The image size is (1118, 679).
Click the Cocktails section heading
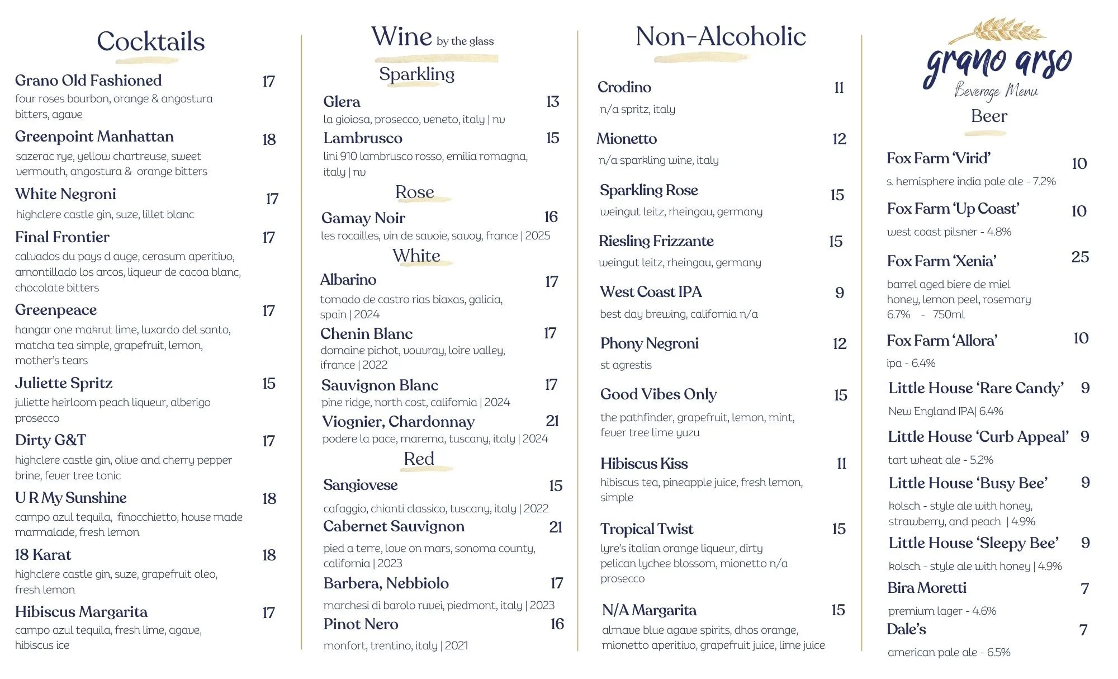click(150, 41)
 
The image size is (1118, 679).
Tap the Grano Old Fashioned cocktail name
click(88, 81)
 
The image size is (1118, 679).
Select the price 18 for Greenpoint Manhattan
click(269, 139)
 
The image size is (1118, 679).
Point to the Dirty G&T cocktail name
click(50, 440)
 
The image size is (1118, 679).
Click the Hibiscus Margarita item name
click(81, 612)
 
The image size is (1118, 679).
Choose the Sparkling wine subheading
click(416, 74)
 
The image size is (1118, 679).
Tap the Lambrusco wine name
click(363, 138)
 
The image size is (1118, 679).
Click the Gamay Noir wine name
click(363, 218)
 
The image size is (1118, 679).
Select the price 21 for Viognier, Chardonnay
click(552, 421)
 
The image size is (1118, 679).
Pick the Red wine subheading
click(419, 459)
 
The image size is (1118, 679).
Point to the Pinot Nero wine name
click(361, 624)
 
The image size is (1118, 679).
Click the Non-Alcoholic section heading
click(721, 37)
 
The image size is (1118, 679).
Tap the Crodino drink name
click(624, 87)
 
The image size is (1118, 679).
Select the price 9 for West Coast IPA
click(839, 293)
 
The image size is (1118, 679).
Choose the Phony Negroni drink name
click(649, 343)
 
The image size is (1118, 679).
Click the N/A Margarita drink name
click(649, 610)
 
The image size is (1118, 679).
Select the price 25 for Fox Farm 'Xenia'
click(1080, 257)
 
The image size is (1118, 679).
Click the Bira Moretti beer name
click(926, 588)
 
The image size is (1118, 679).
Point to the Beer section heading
click(989, 116)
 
